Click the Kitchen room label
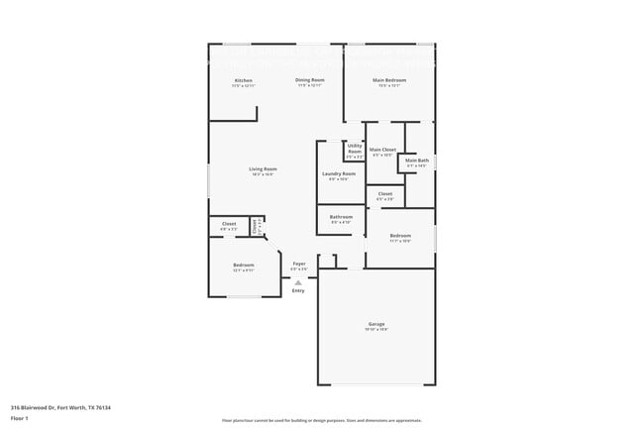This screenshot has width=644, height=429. point(243,80)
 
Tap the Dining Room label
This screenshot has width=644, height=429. point(310,80)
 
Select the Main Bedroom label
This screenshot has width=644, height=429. point(389,80)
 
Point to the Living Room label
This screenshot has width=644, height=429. point(263,169)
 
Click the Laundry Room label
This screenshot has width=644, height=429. point(339,174)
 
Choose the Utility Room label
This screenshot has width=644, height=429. point(355,149)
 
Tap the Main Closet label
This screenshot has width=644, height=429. point(383,150)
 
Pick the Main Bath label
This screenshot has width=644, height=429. point(417,161)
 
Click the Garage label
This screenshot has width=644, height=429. point(376,324)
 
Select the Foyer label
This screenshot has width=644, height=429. point(298,264)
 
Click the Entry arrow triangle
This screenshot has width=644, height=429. point(298,282)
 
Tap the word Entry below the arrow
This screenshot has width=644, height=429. point(298,290)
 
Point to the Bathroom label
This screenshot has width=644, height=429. point(342,217)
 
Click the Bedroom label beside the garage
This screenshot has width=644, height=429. point(400,236)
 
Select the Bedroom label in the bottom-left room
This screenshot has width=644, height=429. point(244,266)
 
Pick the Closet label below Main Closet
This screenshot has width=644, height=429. point(385,193)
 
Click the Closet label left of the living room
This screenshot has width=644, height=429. point(228,224)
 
